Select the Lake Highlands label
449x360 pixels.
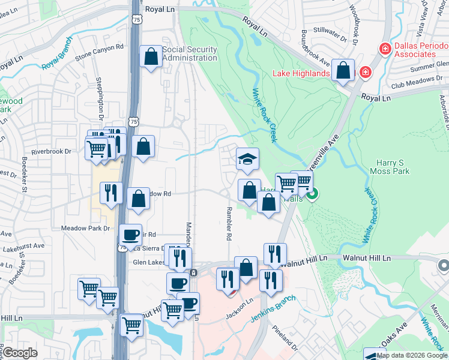point(301,74)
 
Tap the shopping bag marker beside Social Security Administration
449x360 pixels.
point(151,57)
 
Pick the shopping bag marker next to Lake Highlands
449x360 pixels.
point(343,71)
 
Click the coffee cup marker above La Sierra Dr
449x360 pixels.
point(130,235)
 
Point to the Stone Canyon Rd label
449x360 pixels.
point(99,46)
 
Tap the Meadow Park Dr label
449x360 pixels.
point(86,229)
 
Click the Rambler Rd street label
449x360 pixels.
point(229,224)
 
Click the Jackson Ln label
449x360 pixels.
point(239,308)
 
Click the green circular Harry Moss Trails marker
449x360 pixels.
point(312,195)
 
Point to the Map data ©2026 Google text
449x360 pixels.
point(411,355)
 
